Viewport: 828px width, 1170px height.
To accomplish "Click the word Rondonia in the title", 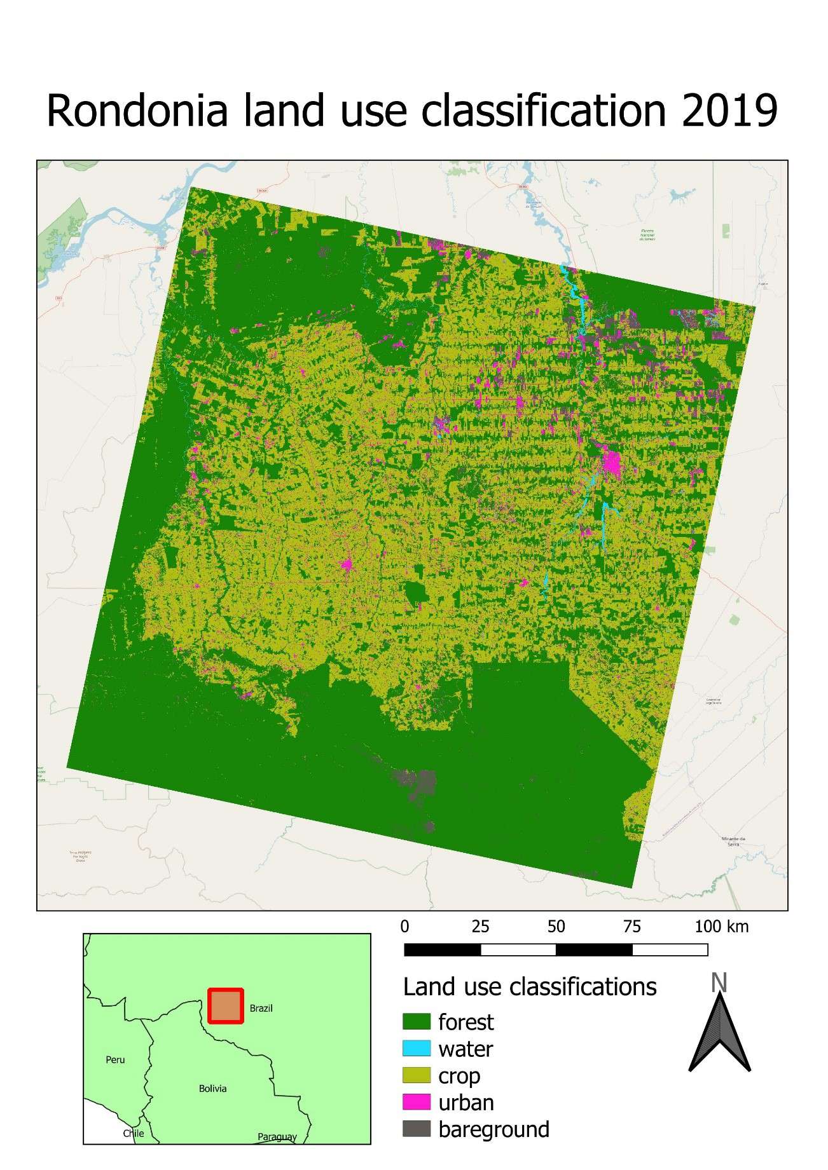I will pos(137,111).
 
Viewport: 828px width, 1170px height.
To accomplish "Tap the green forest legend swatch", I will pos(417,1022).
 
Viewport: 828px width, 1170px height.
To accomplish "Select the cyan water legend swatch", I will pos(417,1049).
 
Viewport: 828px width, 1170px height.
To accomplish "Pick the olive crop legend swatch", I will pos(417,1076).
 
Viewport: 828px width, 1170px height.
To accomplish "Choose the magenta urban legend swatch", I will pos(417,1103).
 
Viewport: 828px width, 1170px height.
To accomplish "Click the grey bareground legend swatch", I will pos(417,1129).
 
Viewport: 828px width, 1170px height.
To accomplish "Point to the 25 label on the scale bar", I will pos(480,927).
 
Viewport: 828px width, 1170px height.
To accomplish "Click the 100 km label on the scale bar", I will pos(721,927).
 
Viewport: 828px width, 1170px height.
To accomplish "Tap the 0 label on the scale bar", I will pos(405,927).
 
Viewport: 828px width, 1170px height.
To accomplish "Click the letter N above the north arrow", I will pos(719,983).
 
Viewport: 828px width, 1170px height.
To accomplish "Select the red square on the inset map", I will pos(226,1006).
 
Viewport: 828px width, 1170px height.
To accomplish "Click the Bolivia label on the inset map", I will pos(212,1089).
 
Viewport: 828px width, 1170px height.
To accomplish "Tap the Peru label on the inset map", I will pos(115,1059).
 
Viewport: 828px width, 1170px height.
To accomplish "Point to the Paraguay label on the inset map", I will pos(277,1137).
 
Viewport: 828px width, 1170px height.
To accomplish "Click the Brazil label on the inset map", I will pos(261,1009).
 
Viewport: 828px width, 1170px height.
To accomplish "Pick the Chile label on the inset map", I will pos(134,1133).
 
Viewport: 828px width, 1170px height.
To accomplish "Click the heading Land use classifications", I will pos(530,987).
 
